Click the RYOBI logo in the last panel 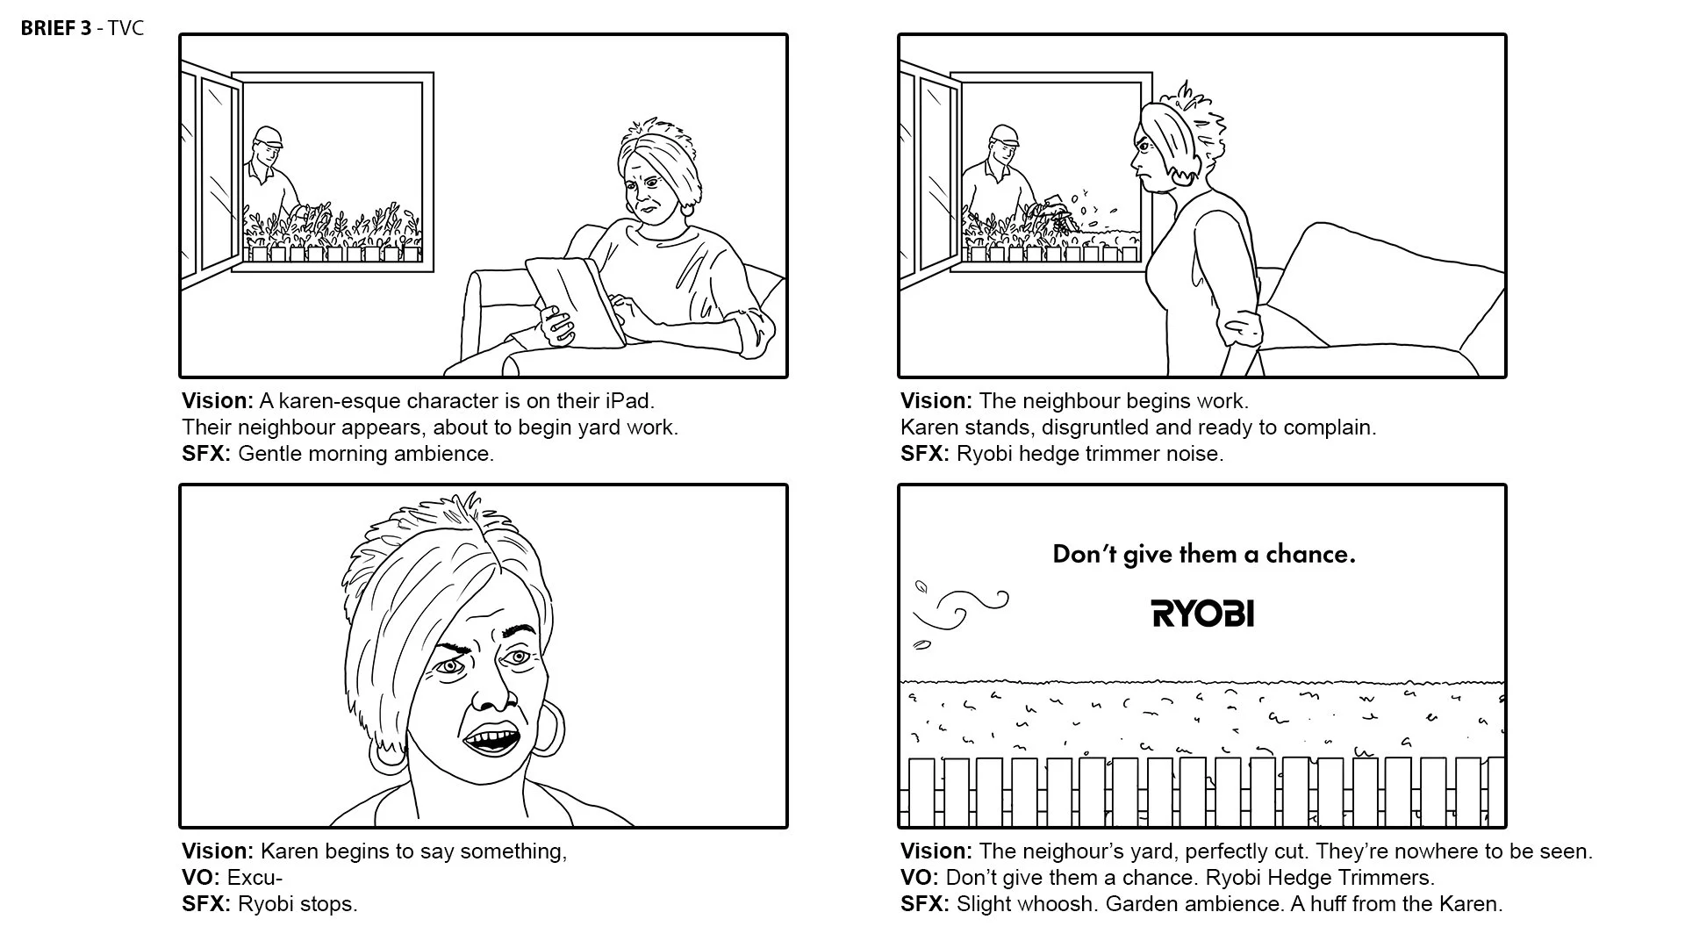1202,614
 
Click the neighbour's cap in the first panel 269,137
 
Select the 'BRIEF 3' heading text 55,28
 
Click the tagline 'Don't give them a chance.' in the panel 1203,555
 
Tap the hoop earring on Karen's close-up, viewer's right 546,728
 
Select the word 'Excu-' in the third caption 255,878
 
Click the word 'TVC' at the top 125,28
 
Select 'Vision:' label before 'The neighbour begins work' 936,401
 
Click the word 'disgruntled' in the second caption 1094,427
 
